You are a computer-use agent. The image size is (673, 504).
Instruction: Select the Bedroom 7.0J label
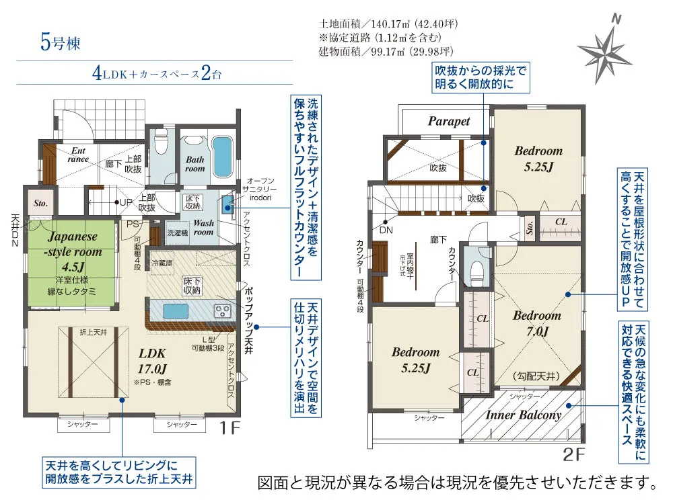[536, 323]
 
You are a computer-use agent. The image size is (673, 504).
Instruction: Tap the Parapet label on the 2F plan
[449, 122]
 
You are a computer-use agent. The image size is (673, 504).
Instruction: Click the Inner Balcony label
[523, 415]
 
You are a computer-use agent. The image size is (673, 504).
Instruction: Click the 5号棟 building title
[60, 44]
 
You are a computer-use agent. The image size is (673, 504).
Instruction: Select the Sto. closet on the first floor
[40, 202]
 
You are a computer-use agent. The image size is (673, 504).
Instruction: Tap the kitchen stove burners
[222, 310]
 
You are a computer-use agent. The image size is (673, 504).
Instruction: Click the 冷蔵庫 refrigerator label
[164, 263]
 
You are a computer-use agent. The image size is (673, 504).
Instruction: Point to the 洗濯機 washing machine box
[178, 232]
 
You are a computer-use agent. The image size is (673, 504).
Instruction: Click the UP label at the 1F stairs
[125, 202]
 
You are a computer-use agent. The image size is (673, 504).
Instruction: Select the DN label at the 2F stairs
[386, 229]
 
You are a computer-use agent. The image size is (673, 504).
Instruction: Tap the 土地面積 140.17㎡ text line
[388, 24]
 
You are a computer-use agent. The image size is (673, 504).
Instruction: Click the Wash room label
[204, 227]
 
